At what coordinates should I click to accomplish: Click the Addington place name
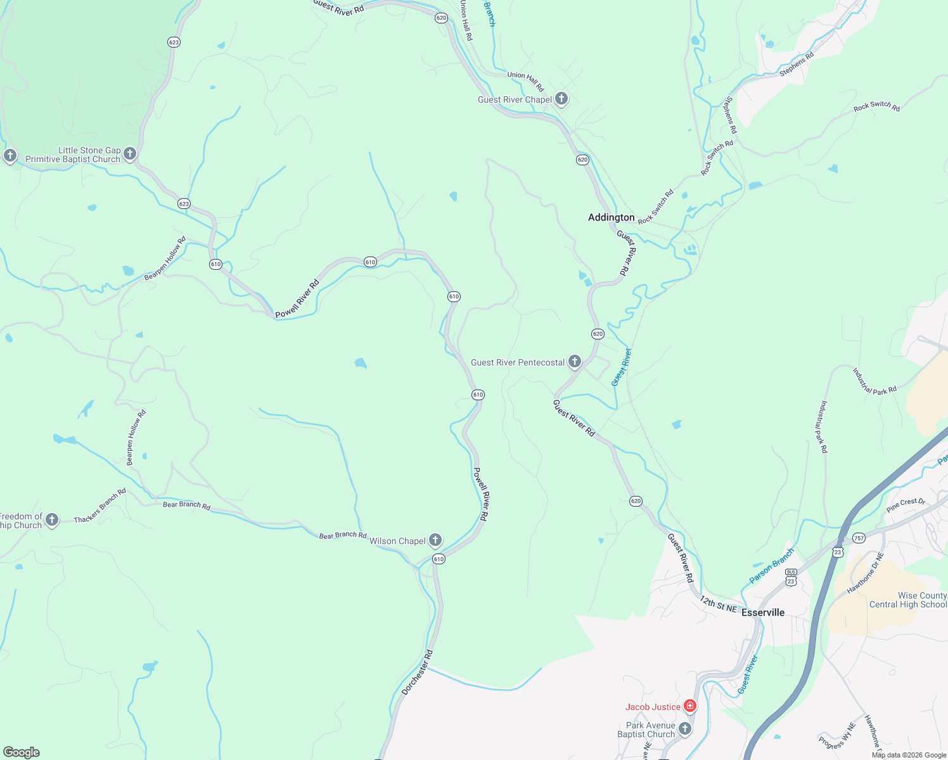point(611,217)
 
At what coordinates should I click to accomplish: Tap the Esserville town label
point(763,612)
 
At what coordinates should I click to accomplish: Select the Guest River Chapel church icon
point(561,99)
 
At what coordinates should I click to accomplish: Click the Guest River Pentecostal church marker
point(574,362)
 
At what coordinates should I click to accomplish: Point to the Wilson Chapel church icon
point(435,540)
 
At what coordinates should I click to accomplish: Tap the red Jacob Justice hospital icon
point(689,706)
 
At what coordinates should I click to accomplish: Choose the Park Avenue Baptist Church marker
point(684,729)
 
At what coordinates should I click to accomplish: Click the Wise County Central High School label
point(907,600)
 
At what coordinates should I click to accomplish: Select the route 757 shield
point(859,538)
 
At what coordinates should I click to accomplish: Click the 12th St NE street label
point(719,604)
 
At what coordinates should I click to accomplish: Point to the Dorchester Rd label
point(417,672)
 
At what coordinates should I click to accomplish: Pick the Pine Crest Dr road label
point(906,505)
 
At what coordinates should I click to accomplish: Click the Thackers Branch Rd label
point(100,505)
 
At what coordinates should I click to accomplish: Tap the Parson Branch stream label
point(771,566)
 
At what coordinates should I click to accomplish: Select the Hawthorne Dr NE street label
point(865,573)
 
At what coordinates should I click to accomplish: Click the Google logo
point(22,752)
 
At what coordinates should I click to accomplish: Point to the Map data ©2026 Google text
point(909,755)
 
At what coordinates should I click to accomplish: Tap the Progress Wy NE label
point(836,735)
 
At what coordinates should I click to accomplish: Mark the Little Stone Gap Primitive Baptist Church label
point(72,155)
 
